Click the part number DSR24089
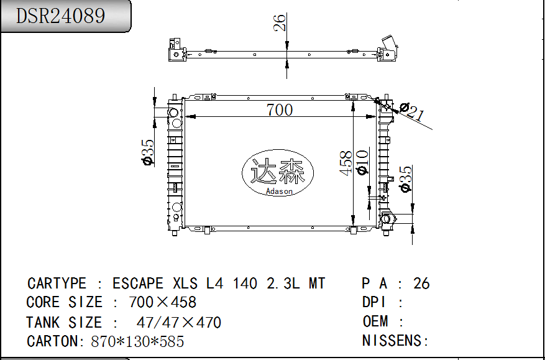[60, 16]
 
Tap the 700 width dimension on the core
[280, 110]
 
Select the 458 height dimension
[346, 163]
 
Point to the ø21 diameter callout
[412, 111]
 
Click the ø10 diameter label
[362, 162]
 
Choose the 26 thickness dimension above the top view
[280, 22]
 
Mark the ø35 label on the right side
[405, 179]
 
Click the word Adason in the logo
[279, 191]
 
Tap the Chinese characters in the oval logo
[278, 171]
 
